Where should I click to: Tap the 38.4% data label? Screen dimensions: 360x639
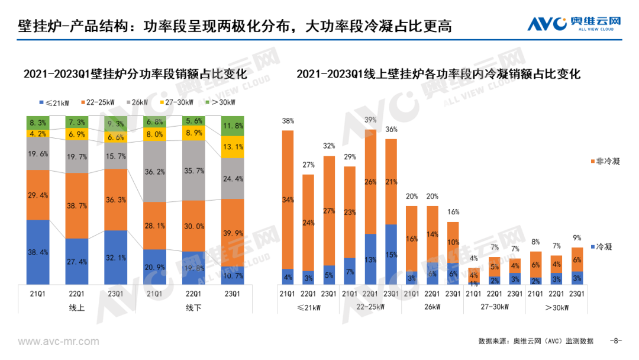click(38, 252)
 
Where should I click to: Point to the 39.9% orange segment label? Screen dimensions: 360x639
click(232, 232)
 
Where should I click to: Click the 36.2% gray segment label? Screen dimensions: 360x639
click(154, 171)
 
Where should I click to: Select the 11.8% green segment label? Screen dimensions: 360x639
click(232, 126)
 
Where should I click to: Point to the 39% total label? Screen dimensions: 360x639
click(370, 120)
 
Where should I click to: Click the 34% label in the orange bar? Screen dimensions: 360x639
click(288, 200)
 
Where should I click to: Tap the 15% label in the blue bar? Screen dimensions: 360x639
click(391, 255)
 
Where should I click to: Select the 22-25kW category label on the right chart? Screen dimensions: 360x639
click(370, 307)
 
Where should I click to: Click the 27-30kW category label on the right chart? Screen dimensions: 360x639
click(494, 307)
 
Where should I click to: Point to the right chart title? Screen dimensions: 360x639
click(438, 74)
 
